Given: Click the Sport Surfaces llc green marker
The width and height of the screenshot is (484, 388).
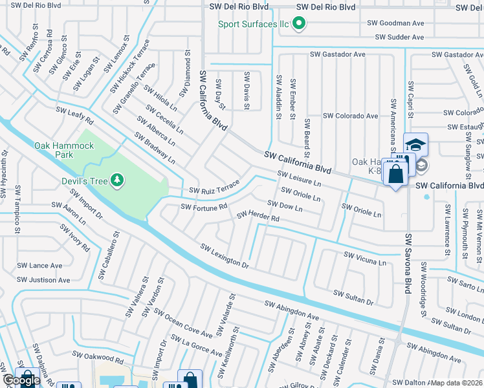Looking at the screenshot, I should pos(298,24).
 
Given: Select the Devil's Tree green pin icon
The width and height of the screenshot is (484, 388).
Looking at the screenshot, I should pos(117,179).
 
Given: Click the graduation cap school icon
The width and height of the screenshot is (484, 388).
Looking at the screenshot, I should pos(415,144).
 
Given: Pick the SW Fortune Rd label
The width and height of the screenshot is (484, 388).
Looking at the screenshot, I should pos(204,208).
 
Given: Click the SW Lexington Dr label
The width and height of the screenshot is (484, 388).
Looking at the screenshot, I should pos(224,256).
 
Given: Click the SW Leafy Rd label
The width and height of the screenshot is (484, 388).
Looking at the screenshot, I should pos(74,116).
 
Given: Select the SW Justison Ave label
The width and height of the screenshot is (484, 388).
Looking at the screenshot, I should pos(43,280).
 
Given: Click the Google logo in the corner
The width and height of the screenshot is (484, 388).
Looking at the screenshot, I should pos(21,381).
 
